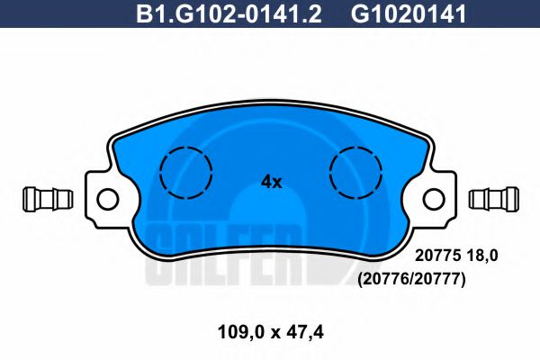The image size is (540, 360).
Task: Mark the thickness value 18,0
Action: [481, 256]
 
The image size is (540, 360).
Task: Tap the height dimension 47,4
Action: [303, 332]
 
